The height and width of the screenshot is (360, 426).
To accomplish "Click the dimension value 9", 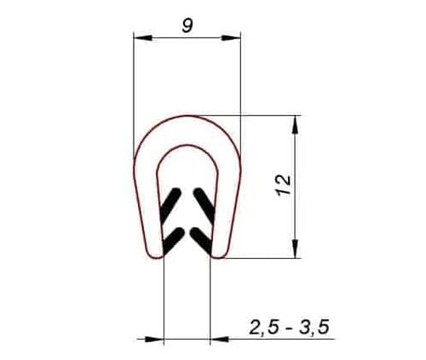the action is click(187, 26).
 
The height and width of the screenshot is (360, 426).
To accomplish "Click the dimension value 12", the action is click(284, 185).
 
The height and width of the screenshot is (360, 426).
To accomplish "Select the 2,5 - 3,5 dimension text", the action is click(289, 327).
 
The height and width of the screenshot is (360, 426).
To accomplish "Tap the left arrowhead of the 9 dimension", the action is click(143, 37).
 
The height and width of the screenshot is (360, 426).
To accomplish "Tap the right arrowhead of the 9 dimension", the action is click(231, 37).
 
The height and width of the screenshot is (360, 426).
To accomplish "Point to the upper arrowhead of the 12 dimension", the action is click(296, 125).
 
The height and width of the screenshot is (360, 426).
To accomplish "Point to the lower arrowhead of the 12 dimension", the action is click(296, 249).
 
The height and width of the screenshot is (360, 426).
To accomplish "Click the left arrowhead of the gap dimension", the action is click(154, 339).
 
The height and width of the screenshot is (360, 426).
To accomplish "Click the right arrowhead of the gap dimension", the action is click(220, 339).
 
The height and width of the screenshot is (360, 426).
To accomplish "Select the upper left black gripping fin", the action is click(170, 204).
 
